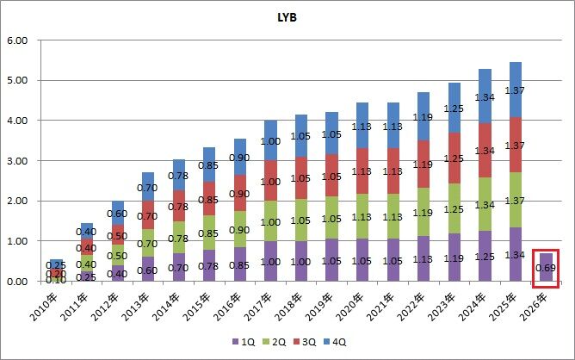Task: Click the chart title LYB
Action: coord(287,17)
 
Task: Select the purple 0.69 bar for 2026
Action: coord(546,267)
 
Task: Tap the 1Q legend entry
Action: coord(244,342)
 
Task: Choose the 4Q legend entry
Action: coord(335,342)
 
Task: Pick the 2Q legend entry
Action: coord(275,342)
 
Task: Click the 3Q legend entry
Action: coord(305,342)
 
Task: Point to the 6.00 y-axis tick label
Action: coord(17,40)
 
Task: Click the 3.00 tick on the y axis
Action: coord(17,161)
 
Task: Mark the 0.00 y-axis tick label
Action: coord(17,282)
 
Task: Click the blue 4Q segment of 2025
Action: coord(516,90)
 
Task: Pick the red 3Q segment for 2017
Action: coord(270,180)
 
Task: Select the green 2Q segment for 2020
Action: coord(362,216)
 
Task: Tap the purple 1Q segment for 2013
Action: coord(148,269)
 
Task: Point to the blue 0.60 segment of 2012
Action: coord(118,213)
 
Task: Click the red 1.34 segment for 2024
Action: coord(485,150)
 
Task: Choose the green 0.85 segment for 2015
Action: coord(209,233)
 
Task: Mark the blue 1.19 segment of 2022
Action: coord(424,116)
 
